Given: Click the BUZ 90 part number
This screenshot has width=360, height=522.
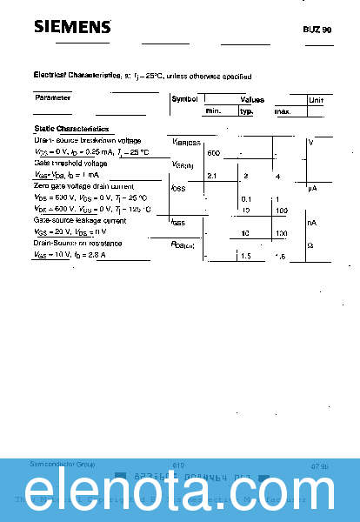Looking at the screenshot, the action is tap(317, 30).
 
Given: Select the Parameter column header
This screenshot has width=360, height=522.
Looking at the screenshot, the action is tap(52, 97).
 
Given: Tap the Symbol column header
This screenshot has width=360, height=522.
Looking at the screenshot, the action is tap(184, 99).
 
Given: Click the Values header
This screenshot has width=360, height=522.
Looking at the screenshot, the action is tap(252, 100).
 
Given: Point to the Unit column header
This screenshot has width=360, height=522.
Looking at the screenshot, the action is tap(317, 101).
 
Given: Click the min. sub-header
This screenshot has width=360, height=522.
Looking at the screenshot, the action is tap(213, 111).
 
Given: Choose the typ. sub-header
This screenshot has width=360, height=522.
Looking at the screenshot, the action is tap(246, 111).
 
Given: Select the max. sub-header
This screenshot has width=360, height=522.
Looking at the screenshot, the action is tap(282, 111).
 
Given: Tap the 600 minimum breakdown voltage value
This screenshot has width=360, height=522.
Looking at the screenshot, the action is tap(213, 153).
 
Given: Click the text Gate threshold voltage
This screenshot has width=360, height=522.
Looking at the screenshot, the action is tap(70, 163).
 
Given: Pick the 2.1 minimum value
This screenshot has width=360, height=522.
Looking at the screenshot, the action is tap(210, 177).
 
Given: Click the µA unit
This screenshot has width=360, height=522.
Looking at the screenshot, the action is tap(312, 187).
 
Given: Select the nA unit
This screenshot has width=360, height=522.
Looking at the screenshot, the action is tap(311, 223).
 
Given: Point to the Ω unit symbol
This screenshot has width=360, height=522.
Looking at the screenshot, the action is tap(311, 245).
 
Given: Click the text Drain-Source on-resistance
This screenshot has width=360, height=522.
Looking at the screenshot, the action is tap(78, 243).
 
